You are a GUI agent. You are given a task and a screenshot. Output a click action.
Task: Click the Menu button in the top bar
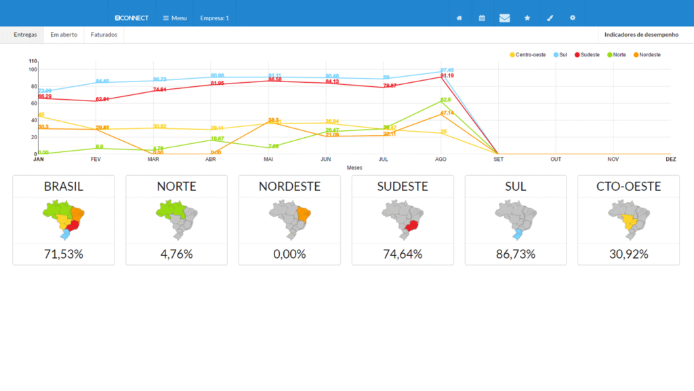[175, 18]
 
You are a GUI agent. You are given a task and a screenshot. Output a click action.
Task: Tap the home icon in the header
[460, 18]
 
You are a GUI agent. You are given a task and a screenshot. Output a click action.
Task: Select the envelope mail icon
[504, 18]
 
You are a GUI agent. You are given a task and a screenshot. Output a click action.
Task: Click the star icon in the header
[527, 18]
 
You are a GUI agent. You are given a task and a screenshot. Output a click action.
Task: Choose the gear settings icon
[573, 18]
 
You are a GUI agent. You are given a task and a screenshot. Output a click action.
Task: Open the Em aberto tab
[64, 34]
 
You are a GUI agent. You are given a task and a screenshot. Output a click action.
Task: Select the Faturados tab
[104, 34]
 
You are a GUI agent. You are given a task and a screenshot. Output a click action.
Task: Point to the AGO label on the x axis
[441, 159]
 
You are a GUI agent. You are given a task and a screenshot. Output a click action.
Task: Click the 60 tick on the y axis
[33, 103]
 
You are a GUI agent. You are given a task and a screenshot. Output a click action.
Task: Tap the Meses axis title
[354, 167]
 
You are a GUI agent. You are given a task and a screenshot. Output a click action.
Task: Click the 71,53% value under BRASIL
[64, 254]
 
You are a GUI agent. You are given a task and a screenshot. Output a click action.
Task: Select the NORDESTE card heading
[289, 186]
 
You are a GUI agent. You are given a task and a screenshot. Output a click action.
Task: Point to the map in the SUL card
[516, 221]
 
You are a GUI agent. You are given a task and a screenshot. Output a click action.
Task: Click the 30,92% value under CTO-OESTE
[628, 254]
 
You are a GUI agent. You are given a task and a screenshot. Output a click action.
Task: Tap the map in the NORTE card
[176, 221]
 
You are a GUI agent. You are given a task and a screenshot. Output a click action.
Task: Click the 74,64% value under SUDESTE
[403, 254]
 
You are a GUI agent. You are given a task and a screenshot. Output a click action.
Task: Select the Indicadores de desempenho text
[641, 34]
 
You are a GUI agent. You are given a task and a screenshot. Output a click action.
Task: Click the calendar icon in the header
[482, 18]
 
